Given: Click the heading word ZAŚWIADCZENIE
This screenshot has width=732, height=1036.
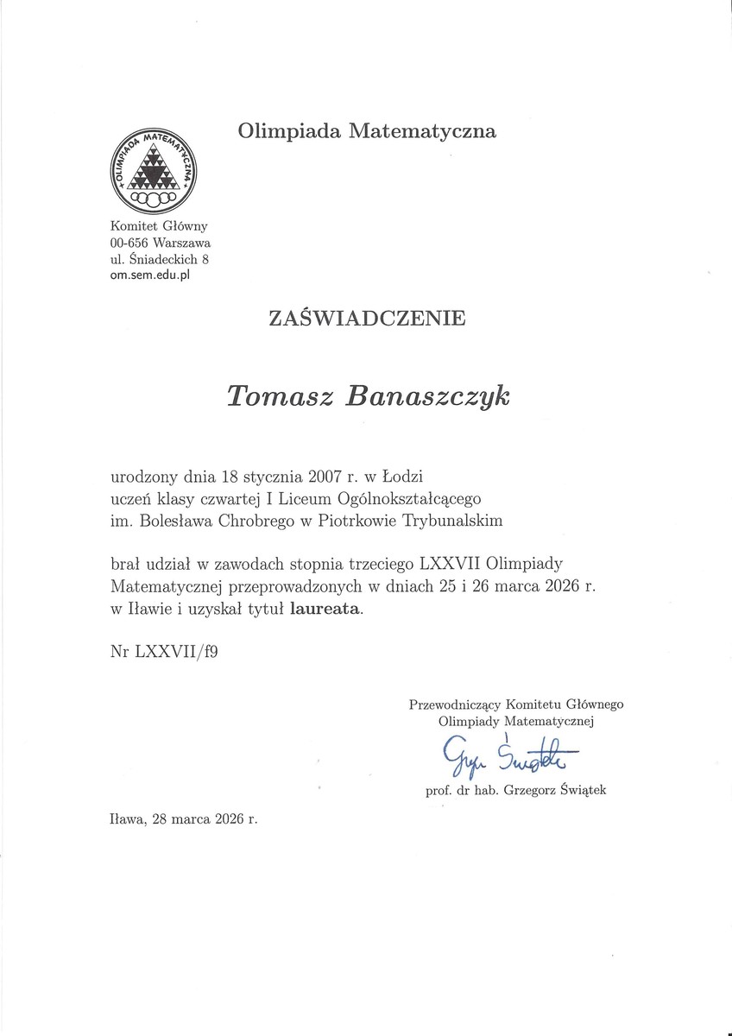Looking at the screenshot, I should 367,319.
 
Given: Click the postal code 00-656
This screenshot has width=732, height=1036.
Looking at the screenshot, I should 130,243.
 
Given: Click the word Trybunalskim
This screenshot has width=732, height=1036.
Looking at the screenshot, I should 451,521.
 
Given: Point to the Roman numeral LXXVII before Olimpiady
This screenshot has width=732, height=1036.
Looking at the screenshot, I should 450,565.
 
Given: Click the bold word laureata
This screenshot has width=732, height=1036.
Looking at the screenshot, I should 327,610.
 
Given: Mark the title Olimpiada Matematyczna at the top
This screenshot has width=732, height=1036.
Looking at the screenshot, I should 367,132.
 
